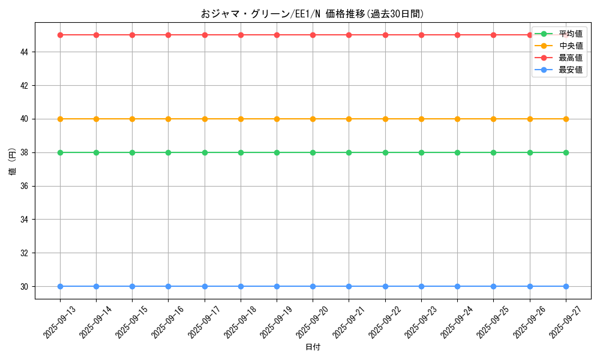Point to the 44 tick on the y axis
tap(25, 52)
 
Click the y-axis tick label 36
tap(25, 186)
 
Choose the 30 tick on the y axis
tap(25, 286)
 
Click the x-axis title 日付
tap(313, 347)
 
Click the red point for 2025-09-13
tap(60, 35)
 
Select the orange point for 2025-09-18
tap(241, 119)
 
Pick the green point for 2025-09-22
tap(385, 152)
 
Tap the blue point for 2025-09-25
tap(493, 286)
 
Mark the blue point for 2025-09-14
tap(96, 286)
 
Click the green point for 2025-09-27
tap(566, 152)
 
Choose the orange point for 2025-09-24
tap(457, 119)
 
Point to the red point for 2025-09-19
tap(277, 35)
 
